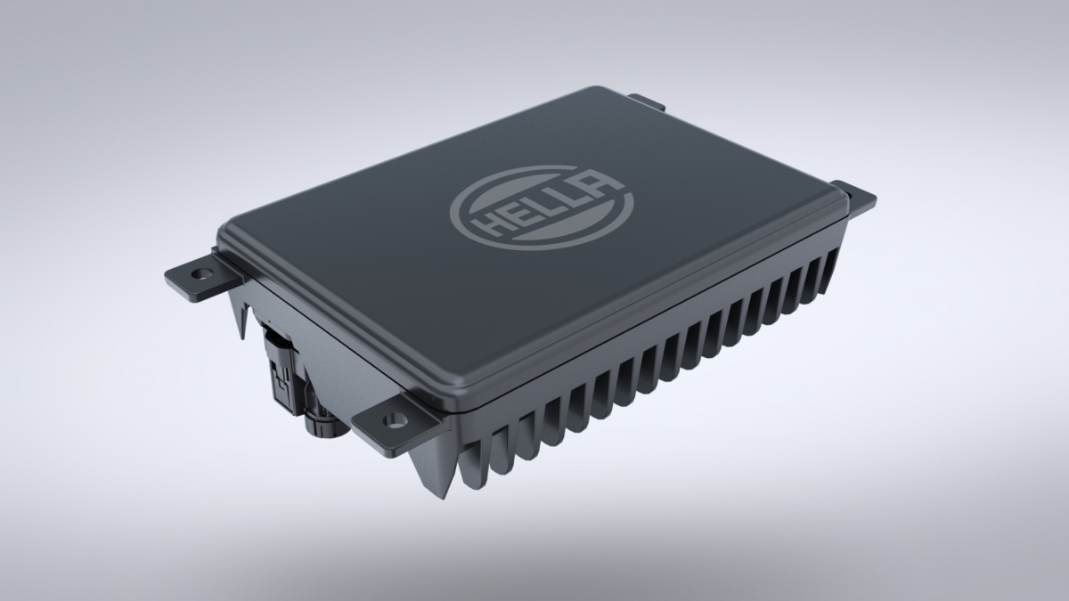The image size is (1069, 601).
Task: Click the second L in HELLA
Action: (571, 198)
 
